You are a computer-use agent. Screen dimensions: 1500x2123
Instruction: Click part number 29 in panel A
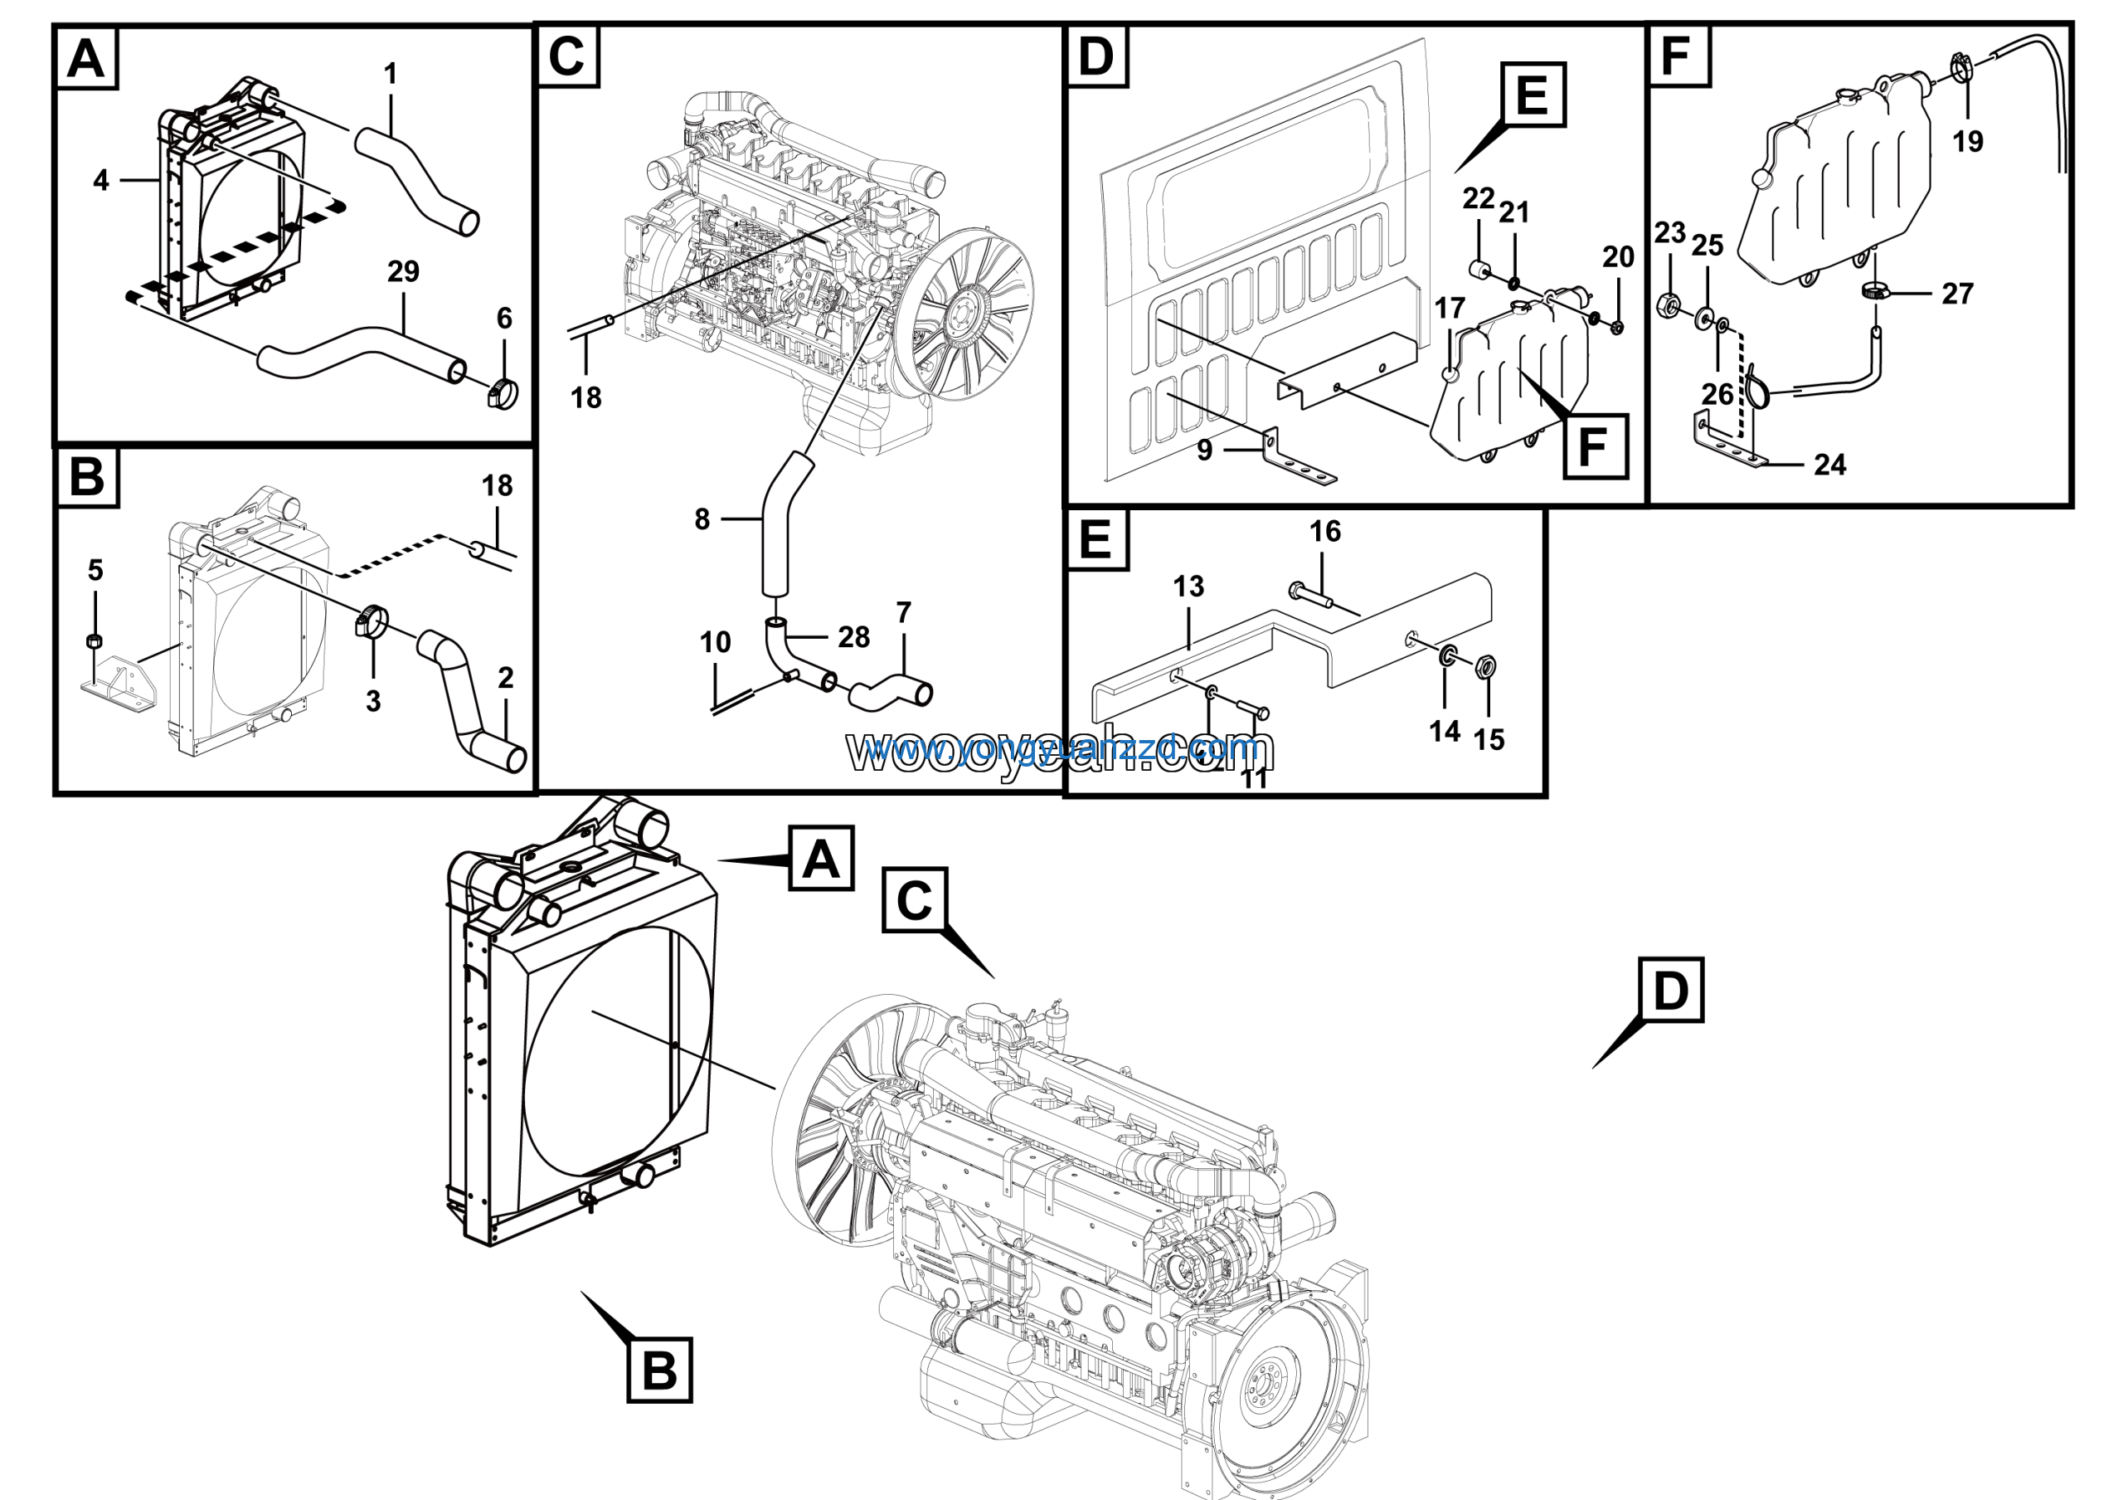[403, 271]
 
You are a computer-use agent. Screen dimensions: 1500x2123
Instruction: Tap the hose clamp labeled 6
[502, 395]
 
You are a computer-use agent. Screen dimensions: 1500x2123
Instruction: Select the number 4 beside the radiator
[101, 180]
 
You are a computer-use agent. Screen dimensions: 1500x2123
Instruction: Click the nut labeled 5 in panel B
[94, 640]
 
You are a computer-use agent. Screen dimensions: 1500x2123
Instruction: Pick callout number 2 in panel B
[505, 678]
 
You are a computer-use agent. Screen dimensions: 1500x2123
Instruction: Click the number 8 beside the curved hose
[702, 519]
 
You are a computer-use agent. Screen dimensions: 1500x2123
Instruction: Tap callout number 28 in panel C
[853, 636]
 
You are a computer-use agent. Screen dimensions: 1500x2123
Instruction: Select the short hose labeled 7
[890, 694]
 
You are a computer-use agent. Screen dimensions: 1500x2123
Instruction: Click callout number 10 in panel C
[715, 642]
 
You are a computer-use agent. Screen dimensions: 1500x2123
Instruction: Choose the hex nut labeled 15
[1488, 666]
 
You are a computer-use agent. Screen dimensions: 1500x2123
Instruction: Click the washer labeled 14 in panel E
[1446, 658]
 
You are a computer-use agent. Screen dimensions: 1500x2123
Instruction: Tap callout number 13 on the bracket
[1188, 586]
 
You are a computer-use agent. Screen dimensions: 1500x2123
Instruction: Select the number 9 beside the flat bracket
[1204, 450]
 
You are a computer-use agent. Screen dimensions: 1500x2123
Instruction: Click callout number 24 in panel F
[1829, 465]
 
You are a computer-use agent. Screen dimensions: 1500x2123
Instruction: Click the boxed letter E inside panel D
[1533, 95]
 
